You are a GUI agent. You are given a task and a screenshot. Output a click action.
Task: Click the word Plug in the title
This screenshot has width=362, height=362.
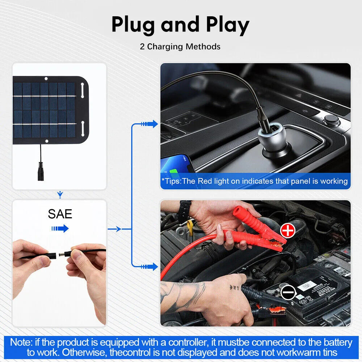[x=133, y=25]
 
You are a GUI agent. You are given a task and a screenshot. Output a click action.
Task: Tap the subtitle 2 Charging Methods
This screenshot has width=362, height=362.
[x=180, y=47]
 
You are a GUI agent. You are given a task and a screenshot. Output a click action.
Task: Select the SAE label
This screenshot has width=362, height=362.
[x=60, y=214]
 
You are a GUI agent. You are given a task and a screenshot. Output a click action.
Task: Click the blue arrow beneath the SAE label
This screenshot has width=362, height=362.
[x=60, y=228]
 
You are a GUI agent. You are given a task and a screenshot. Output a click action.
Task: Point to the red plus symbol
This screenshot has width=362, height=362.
[x=288, y=230]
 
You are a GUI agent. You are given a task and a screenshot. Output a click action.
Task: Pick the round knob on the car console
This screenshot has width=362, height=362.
[x=332, y=119]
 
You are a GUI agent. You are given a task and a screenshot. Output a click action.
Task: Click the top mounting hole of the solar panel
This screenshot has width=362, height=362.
[x=46, y=79]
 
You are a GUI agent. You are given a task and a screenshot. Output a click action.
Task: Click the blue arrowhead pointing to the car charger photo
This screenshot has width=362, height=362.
[x=154, y=124]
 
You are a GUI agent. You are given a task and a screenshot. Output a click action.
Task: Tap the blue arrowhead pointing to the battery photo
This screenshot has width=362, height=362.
[x=154, y=267]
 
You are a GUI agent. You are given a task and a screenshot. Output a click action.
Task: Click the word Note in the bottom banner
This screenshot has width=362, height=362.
[x=21, y=342]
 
